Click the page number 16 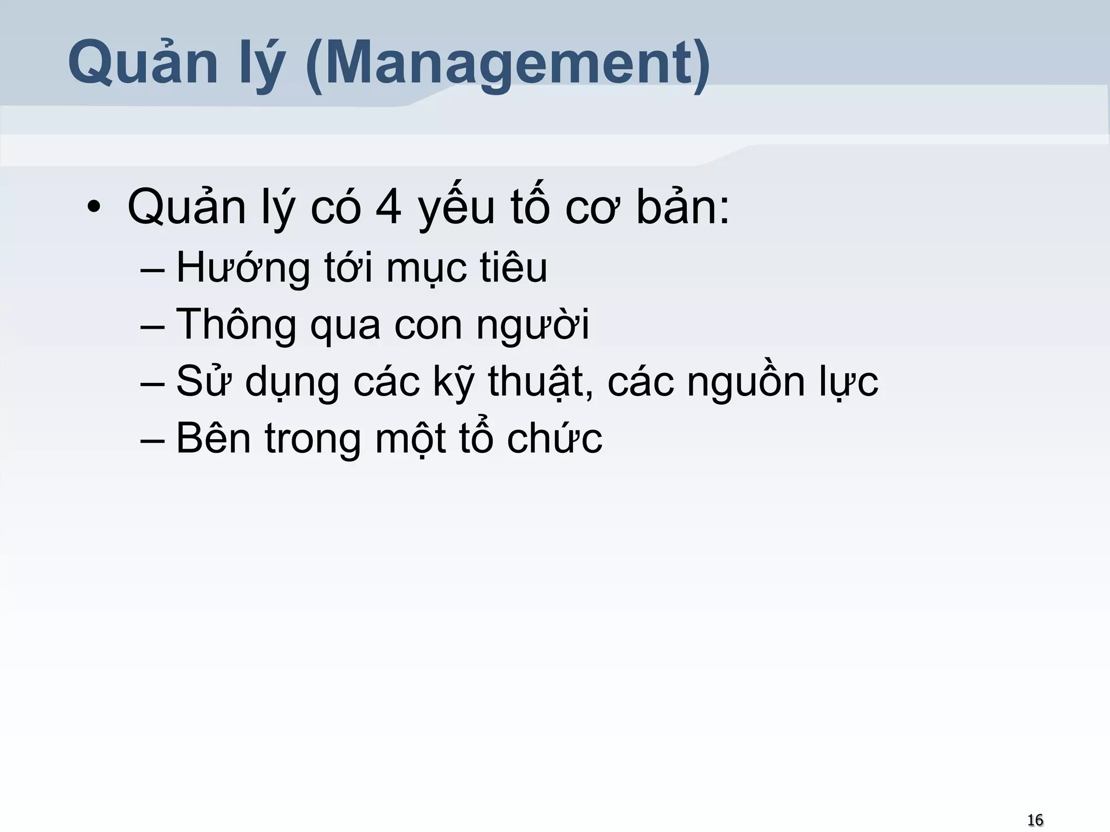coord(1035,820)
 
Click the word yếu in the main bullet coord(456,209)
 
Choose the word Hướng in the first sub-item coord(243,268)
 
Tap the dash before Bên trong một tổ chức coord(152,440)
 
